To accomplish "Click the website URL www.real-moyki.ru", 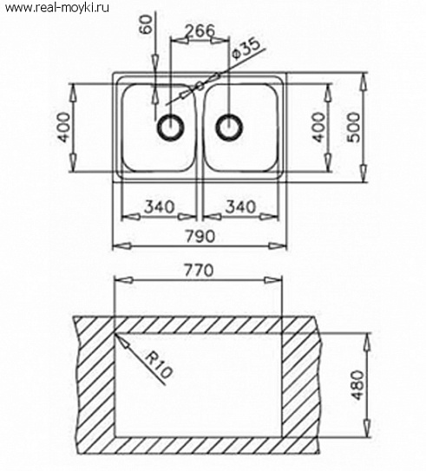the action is [57, 8].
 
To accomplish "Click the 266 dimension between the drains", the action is [200, 30].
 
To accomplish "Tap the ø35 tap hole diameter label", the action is [246, 49].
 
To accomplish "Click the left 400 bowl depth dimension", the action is [64, 127].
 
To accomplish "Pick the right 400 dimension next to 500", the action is [319, 127].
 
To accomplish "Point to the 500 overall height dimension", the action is [354, 127].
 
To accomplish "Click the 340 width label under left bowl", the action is [160, 207].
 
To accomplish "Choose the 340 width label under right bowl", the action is [241, 207].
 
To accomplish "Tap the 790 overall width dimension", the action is [200, 236].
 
